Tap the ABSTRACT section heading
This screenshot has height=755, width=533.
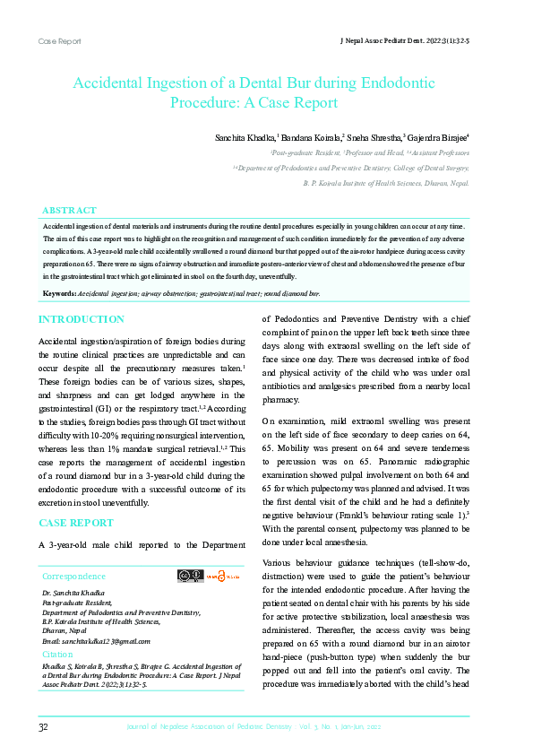pyautogui.click(x=70, y=211)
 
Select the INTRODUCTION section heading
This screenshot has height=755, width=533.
pyautogui.click(x=82, y=319)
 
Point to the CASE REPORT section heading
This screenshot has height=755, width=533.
pyautogui.click(x=76, y=522)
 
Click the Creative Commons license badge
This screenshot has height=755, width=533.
pyautogui.click(x=190, y=577)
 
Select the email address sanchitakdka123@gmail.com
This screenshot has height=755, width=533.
pyautogui.click(x=97, y=641)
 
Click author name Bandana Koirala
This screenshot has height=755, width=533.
pyautogui.click(x=311, y=139)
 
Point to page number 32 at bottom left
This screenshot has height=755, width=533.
pyautogui.click(x=44, y=725)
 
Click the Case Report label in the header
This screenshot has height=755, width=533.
pyautogui.click(x=59, y=41)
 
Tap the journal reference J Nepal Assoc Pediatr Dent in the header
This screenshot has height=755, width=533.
pyautogui.click(x=406, y=41)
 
